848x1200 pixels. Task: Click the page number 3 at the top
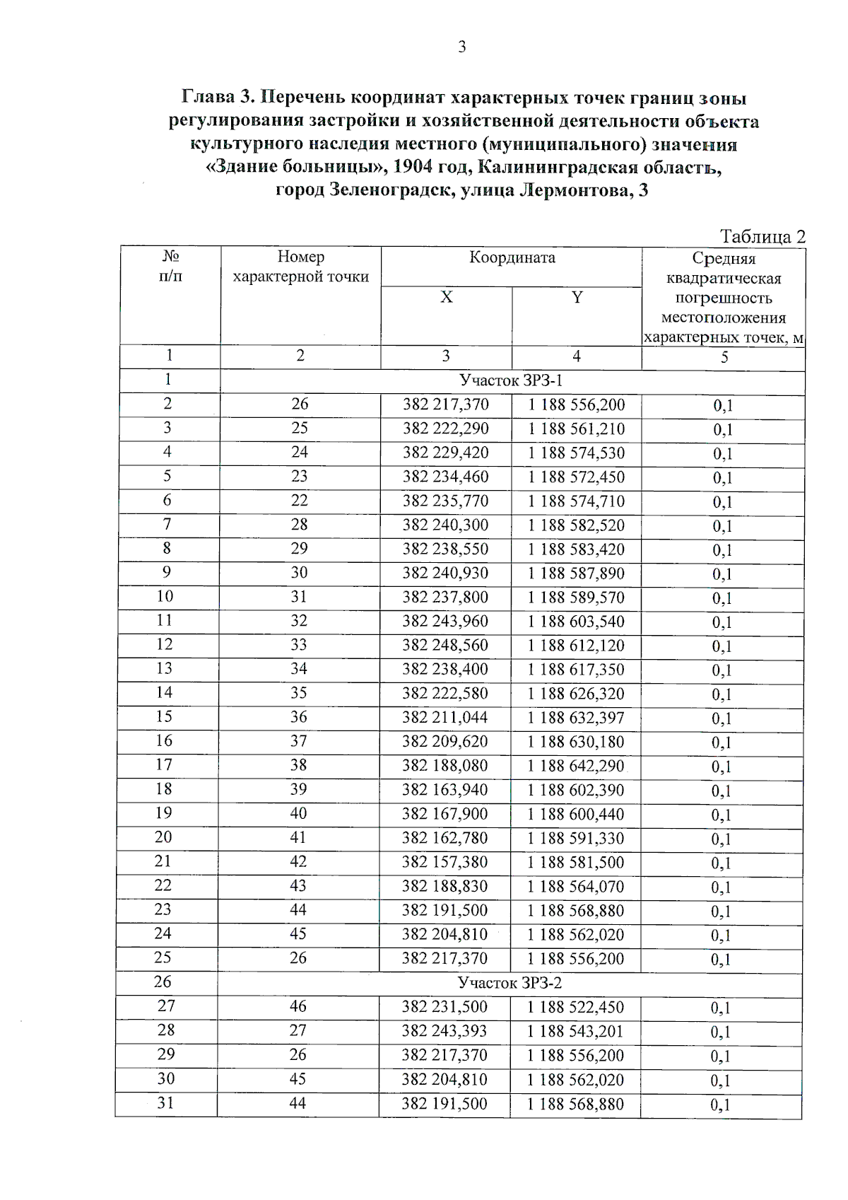click(461, 47)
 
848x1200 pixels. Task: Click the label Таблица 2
click(762, 236)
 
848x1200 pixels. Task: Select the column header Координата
click(512, 257)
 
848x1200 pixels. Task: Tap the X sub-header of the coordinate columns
click(446, 298)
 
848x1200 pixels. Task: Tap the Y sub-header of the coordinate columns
click(577, 298)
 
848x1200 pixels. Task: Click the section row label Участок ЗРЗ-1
click(511, 380)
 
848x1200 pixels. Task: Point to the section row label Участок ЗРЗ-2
click(510, 983)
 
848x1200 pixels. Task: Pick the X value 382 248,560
click(445, 645)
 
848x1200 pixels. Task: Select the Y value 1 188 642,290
click(576, 766)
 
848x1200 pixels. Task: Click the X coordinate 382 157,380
click(444, 862)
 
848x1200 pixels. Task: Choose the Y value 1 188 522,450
click(575, 1007)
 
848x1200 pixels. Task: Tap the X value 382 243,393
click(444, 1031)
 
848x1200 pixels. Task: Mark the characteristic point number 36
click(299, 717)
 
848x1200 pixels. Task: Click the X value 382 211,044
click(444, 718)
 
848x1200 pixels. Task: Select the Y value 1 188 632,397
click(576, 718)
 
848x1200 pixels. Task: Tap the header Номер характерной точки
click(300, 267)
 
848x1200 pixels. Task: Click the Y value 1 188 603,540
click(576, 622)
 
